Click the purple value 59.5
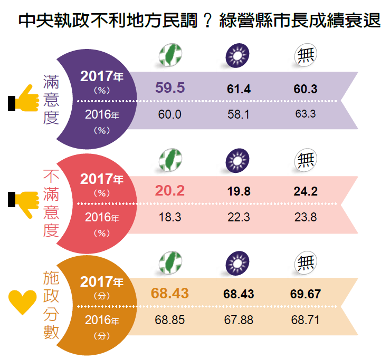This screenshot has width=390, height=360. coord(170,88)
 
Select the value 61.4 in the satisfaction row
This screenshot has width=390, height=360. coord(239,89)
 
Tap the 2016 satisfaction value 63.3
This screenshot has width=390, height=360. coord(305,114)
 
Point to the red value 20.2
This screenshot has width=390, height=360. coord(170,191)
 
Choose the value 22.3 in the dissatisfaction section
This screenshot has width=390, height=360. coord(239,217)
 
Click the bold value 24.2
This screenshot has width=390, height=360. coord(305,191)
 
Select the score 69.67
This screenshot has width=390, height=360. coord(305,294)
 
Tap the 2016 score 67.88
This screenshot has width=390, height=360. coord(239,319)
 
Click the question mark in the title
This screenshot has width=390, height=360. coord(209,22)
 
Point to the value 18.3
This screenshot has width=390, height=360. coord(170,217)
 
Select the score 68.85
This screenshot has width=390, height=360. coord(170,319)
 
